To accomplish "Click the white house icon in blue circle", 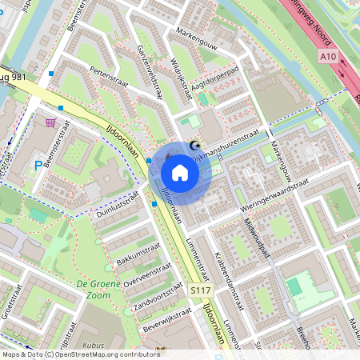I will pyautogui.click(x=180, y=173).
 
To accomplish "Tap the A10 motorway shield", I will pyautogui.click(x=326, y=57).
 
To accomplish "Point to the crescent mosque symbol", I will pyautogui.click(x=194, y=145).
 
